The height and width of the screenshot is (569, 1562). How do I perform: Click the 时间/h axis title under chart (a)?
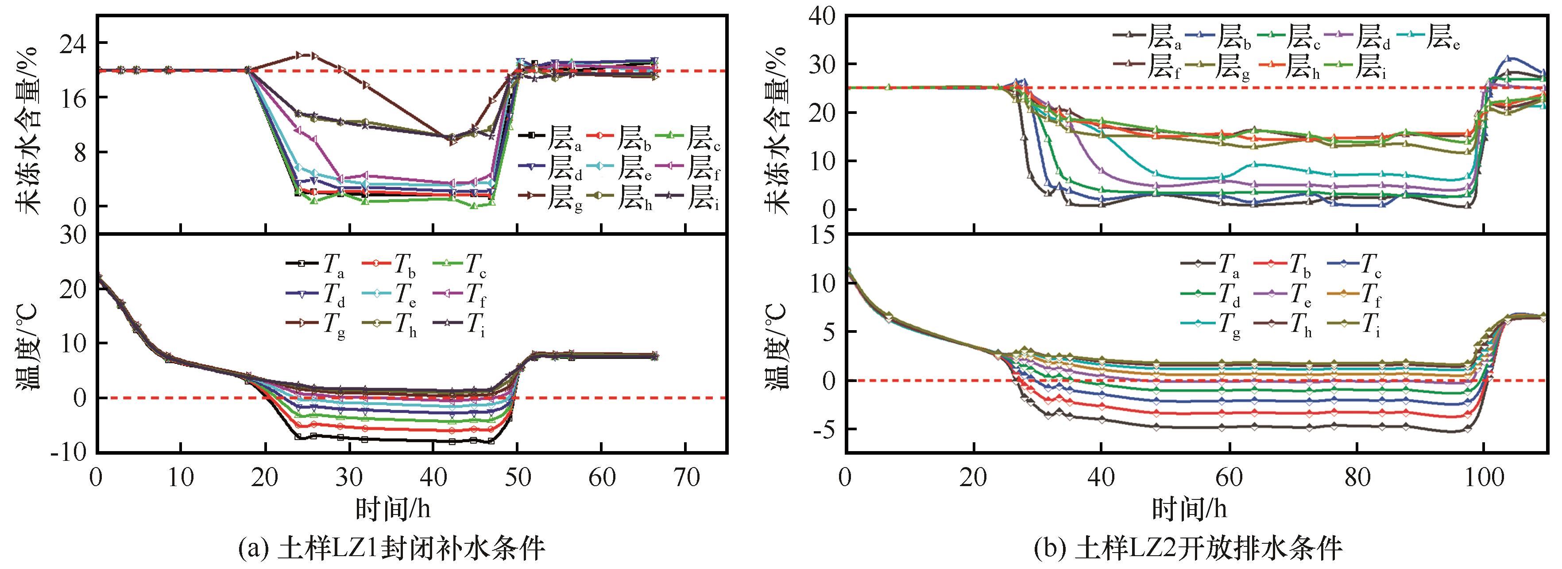coord(394,508)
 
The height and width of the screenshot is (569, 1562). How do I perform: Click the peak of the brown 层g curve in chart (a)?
coord(302,55)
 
